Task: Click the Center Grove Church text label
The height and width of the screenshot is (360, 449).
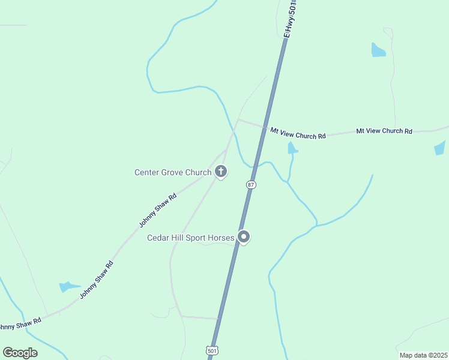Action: tap(172, 173)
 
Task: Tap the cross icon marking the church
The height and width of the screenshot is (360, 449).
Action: tap(221, 173)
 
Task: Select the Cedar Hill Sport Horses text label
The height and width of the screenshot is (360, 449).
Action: tap(190, 238)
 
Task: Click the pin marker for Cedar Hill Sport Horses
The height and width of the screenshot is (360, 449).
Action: tap(244, 237)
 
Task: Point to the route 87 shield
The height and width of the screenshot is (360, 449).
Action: tap(251, 185)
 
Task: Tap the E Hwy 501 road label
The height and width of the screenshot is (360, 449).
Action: tap(291, 19)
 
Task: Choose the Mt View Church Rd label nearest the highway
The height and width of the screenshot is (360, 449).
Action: tap(298, 133)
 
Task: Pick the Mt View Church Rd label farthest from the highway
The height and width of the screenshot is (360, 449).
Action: tap(384, 131)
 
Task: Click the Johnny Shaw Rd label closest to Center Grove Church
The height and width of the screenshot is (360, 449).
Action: tap(157, 209)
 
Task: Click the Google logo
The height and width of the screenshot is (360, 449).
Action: tap(20, 352)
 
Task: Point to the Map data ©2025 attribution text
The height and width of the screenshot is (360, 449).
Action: tap(423, 355)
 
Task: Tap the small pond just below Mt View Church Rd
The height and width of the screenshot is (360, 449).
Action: tap(292, 148)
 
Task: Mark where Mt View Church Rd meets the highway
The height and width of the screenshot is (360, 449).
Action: tap(264, 127)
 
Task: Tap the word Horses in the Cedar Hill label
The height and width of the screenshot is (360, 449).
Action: tap(220, 238)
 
